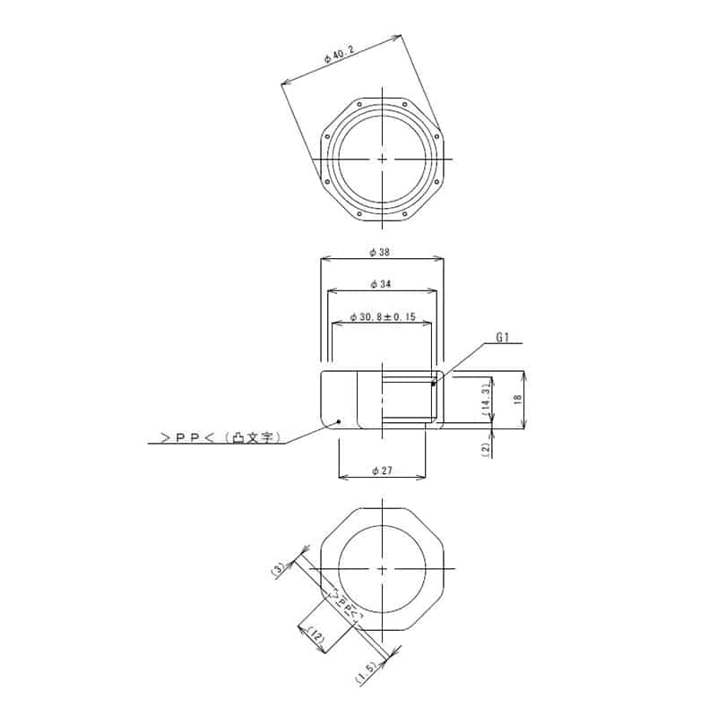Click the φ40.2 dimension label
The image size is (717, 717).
point(339,54)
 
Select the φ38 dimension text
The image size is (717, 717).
point(379,252)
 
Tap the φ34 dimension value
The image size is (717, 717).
point(381,284)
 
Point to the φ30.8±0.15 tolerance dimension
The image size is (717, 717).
point(383,316)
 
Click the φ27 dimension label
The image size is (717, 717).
point(383,470)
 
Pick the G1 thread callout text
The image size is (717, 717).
point(503,338)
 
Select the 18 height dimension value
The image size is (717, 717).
point(518,399)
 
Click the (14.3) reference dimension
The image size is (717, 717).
point(486,399)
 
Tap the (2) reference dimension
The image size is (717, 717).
point(486,449)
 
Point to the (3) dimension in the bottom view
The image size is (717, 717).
point(279,570)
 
